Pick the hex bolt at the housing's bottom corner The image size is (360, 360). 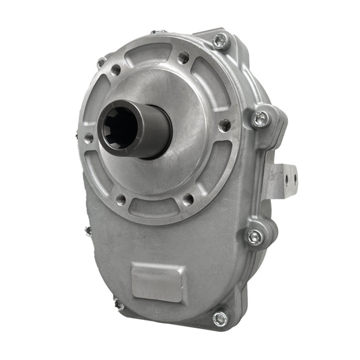coord(220,318)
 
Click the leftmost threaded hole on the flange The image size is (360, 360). coord(89,138)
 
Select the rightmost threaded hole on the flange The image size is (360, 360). coord(225,125)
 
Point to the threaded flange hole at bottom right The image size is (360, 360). coord(188,200)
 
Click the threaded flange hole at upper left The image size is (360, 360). coord(116,70)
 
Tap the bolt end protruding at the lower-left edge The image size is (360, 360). coord(118,305)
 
